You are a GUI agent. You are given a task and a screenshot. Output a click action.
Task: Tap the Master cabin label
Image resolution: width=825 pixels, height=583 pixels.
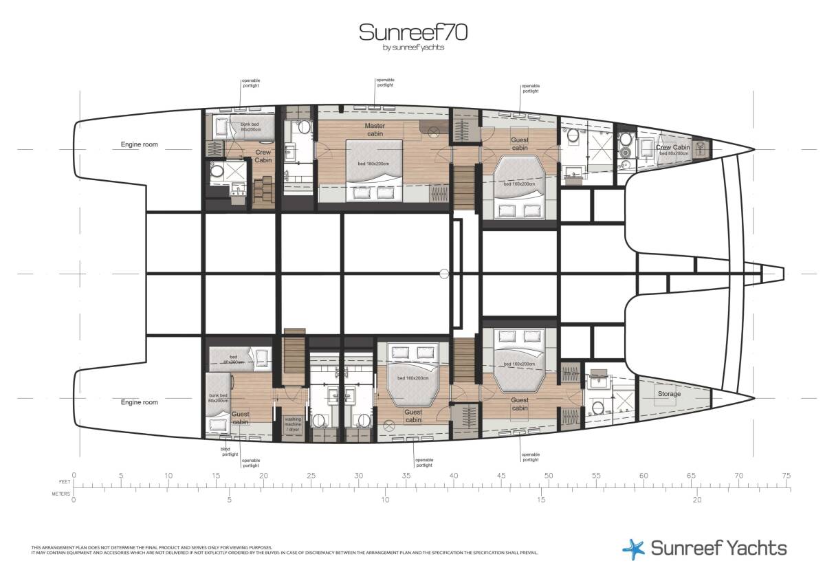click(x=375, y=130)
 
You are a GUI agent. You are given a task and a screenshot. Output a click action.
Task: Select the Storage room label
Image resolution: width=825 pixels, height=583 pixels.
click(x=669, y=394)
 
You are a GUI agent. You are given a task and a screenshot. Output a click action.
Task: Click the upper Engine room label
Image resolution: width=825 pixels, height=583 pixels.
click(x=140, y=145)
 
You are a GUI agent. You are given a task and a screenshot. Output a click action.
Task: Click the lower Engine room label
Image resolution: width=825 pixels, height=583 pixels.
click(x=140, y=402)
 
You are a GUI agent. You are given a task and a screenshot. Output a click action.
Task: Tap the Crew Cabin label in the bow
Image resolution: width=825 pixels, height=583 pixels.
click(x=672, y=147)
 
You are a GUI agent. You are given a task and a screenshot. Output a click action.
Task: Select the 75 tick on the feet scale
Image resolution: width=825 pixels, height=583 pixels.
click(x=786, y=475)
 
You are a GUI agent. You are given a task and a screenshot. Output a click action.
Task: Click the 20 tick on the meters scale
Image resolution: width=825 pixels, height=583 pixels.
click(x=697, y=500)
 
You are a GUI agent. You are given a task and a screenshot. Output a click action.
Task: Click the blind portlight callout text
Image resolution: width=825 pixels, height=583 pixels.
click(x=229, y=451)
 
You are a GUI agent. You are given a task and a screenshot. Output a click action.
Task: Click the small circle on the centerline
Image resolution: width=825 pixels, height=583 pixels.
click(x=444, y=274)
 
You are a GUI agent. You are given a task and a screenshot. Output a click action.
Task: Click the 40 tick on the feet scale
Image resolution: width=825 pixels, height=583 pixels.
click(x=453, y=475)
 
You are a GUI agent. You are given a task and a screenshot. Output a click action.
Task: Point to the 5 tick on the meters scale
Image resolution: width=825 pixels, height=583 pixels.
click(x=230, y=500)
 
